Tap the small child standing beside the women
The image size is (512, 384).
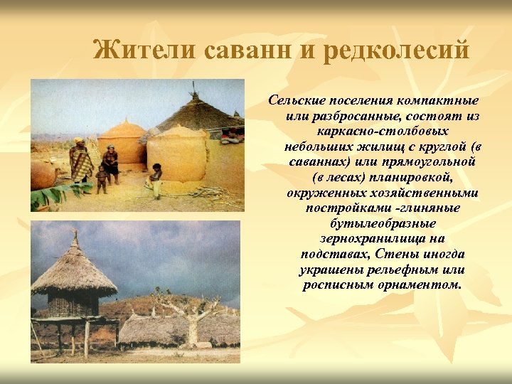[x=101, y=178]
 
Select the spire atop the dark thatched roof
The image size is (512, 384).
[x=193, y=90]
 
